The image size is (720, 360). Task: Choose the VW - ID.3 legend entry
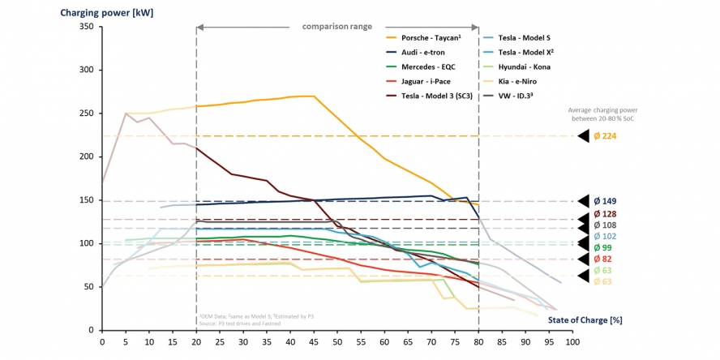pos(512,96)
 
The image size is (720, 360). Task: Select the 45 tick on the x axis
pos(314,343)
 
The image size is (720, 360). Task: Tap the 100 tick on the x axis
pos(572,343)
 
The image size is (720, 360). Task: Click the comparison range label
pos(337,27)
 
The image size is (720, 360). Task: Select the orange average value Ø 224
pos(605,136)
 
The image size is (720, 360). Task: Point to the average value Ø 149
pos(605,201)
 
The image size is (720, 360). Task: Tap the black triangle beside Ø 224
pos(583,136)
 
